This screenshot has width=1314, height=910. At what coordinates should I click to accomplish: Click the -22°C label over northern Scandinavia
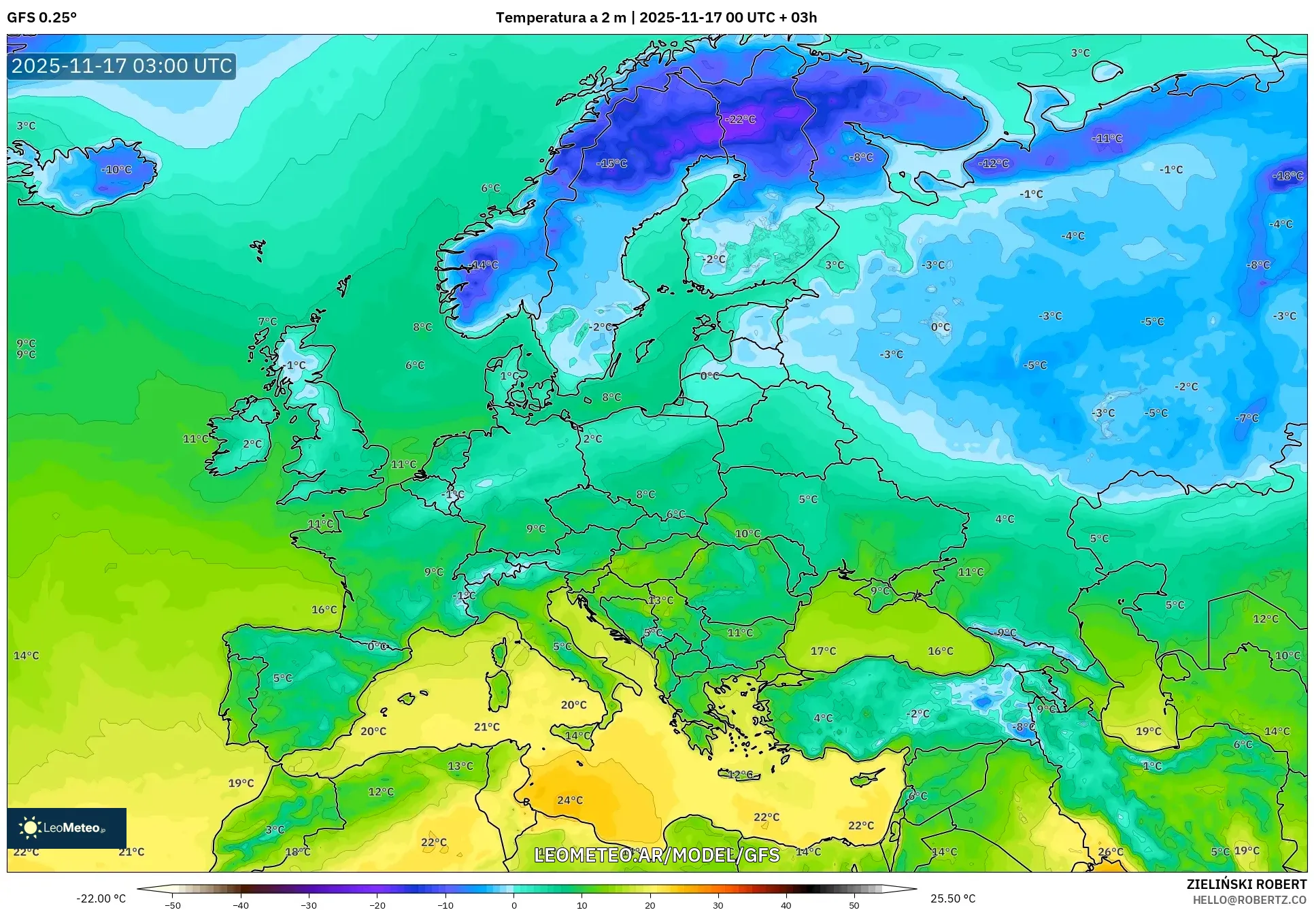click(740, 120)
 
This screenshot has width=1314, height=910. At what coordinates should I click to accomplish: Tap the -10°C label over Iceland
click(116, 169)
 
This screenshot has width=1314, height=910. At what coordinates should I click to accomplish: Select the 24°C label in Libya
click(570, 801)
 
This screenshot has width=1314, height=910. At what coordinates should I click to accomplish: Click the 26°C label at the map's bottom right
click(1111, 852)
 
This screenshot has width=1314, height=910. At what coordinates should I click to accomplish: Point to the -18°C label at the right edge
click(1287, 176)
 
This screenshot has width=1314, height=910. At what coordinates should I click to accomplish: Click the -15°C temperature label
click(611, 164)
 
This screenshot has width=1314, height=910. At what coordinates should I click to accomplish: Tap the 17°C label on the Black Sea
click(823, 652)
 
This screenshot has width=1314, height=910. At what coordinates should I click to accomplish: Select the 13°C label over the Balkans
click(660, 601)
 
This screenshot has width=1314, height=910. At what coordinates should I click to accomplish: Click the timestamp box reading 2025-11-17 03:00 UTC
click(122, 66)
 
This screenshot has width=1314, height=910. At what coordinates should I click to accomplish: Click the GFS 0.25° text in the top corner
click(42, 18)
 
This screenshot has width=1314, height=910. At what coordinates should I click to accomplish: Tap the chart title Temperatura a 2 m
click(560, 18)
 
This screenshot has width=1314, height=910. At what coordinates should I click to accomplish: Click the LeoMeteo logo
click(67, 828)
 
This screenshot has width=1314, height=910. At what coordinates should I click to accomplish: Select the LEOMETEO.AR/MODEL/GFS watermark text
click(656, 855)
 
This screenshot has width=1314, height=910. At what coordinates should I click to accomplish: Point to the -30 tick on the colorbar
click(309, 905)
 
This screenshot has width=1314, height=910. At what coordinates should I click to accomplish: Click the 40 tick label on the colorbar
click(786, 905)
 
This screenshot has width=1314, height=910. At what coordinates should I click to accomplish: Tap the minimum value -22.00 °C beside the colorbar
click(101, 898)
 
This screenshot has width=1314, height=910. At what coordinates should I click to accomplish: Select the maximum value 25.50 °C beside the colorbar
click(952, 898)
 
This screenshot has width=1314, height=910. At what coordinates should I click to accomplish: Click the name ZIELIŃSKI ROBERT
click(1246, 884)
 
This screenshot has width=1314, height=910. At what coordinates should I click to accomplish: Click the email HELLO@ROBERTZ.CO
click(1249, 900)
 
